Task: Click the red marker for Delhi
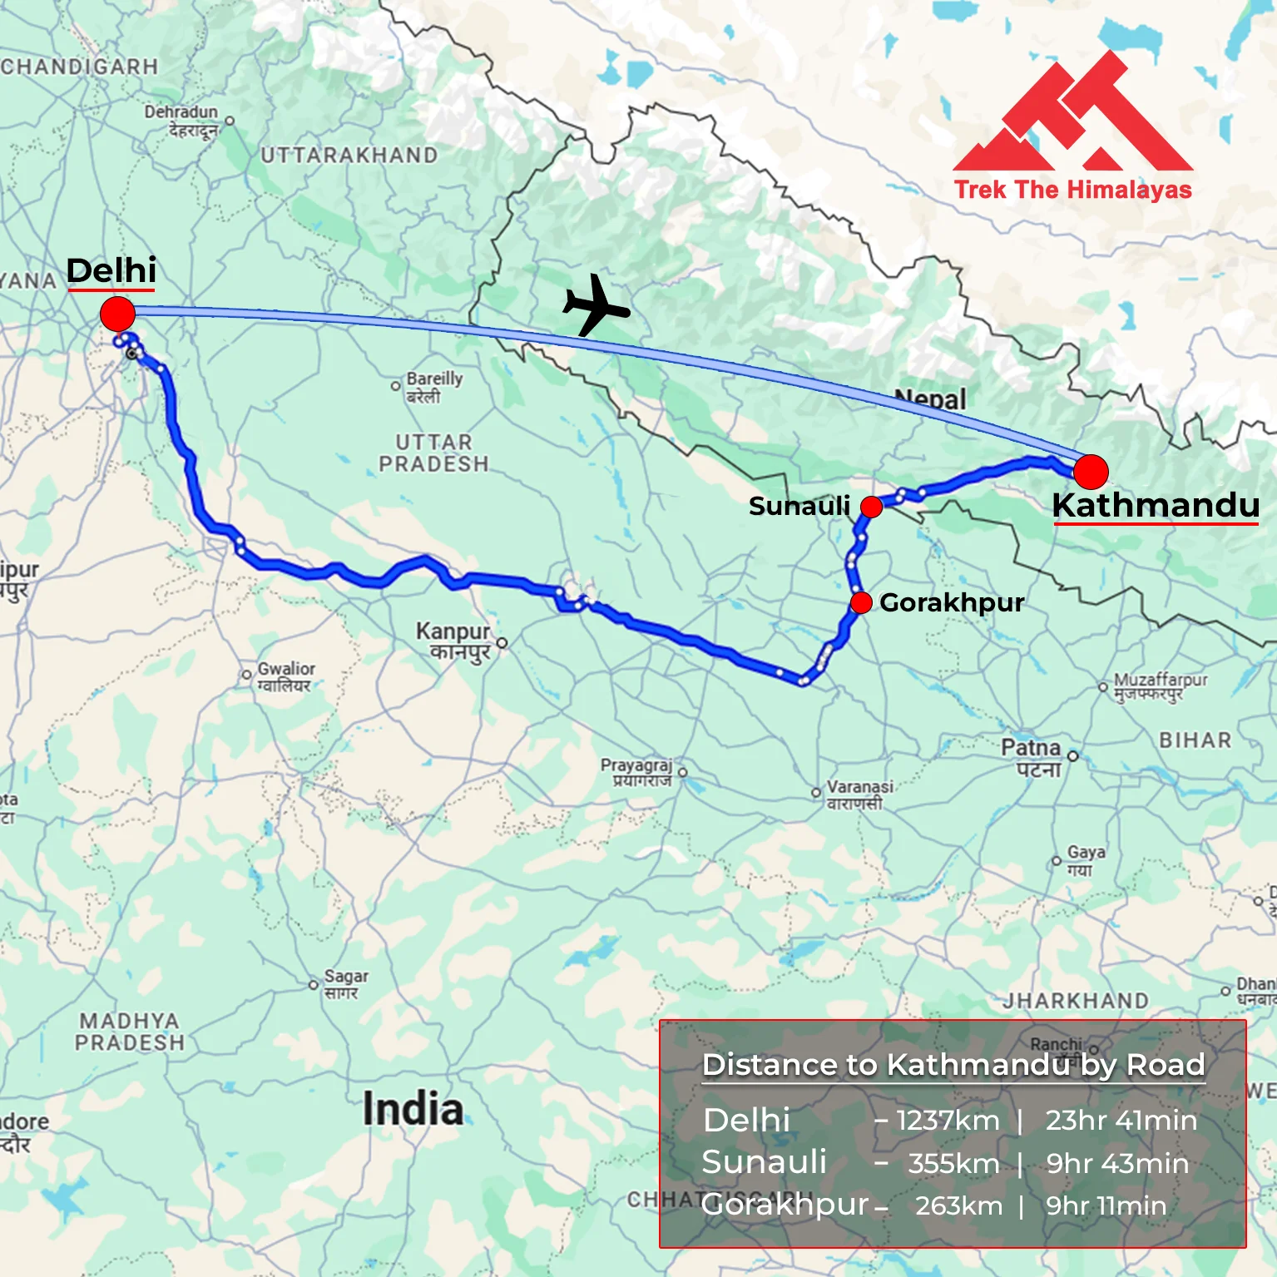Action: (117, 314)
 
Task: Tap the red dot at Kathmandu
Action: (1091, 472)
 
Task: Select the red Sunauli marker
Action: (871, 507)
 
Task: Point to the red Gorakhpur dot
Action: (861, 602)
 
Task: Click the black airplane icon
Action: (596, 305)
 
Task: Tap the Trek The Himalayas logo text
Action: (1072, 190)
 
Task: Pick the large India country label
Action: (413, 1109)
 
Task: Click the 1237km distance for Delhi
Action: (948, 1120)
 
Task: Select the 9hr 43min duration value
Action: (1117, 1163)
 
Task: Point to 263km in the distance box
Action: (958, 1205)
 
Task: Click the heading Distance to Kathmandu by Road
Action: (953, 1065)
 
